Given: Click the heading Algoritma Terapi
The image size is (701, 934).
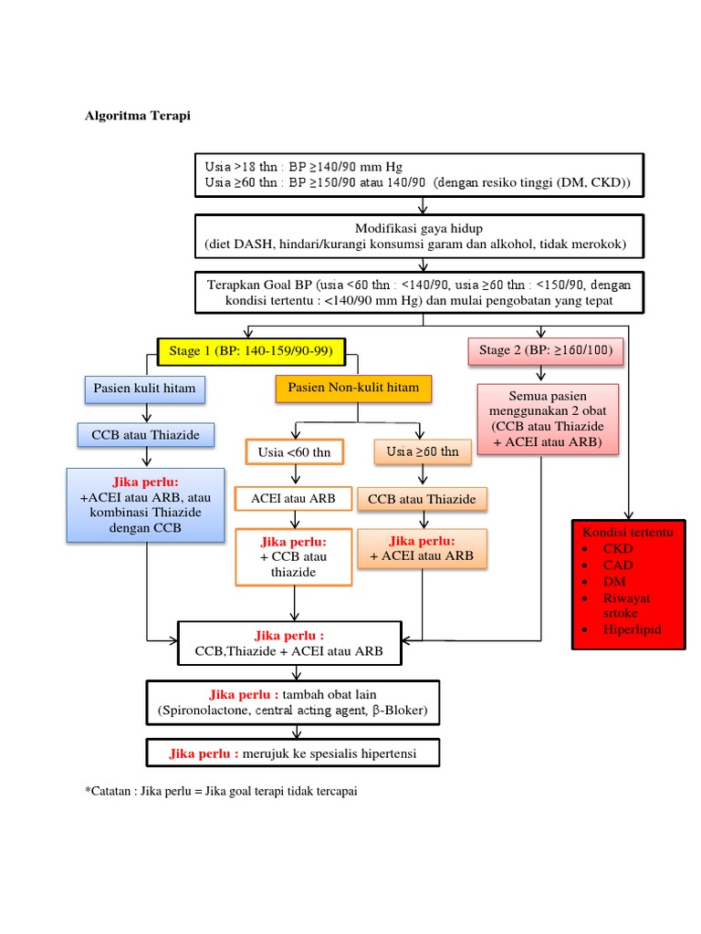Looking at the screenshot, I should (138, 116).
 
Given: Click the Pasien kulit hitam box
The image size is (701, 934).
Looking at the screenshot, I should (144, 389).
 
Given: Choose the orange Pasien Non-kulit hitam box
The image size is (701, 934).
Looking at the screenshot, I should (353, 389).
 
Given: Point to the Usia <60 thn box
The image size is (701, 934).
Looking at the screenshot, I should (294, 451).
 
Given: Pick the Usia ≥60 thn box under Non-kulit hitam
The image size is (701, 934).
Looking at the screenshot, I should (422, 451).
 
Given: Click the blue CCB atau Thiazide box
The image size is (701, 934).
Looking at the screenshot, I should (146, 435).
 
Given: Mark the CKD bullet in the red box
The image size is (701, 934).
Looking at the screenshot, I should (617, 549).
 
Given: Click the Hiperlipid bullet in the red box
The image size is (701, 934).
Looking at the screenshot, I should (630, 630).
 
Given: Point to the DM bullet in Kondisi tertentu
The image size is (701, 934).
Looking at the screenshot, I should (613, 581).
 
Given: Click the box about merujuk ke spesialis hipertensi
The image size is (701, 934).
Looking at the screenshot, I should (293, 753).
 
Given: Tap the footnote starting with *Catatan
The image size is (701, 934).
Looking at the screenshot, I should (221, 791).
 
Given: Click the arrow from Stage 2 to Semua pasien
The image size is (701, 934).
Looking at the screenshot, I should (542, 374).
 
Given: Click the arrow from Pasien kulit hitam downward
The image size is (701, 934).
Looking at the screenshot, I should (145, 412).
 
